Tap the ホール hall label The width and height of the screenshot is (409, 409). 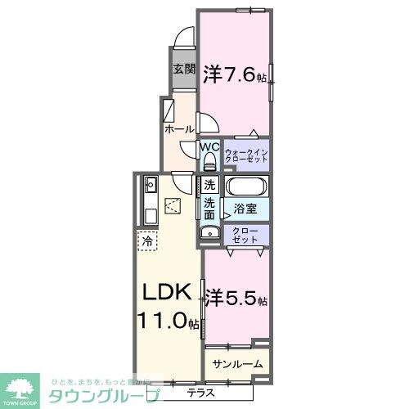click(x=179, y=129)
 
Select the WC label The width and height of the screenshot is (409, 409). click(x=209, y=147)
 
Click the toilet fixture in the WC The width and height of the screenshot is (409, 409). click(x=209, y=160)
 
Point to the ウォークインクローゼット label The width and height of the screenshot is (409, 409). click(x=247, y=153)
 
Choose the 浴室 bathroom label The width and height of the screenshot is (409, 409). click(x=245, y=209)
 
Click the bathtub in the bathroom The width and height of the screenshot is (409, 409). click(x=246, y=185)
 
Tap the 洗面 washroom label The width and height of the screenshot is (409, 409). click(x=210, y=208)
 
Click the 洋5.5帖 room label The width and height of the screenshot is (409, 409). click(x=236, y=297)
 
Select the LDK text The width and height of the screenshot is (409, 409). click(x=169, y=292)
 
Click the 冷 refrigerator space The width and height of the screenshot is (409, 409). click(x=147, y=241)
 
